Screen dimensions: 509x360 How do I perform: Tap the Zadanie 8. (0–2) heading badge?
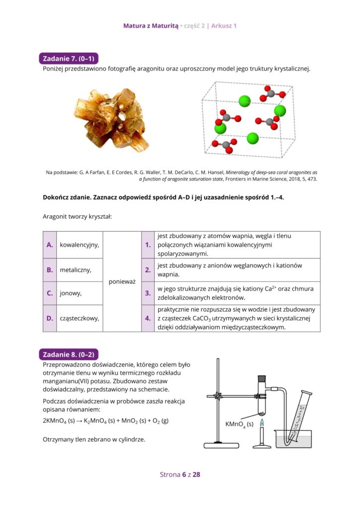[x=69, y=354]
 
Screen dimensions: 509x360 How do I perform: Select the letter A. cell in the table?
[x=50, y=245]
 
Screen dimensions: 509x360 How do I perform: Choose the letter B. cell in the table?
[x=50, y=270]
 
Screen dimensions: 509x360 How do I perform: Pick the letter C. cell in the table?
[x=50, y=293]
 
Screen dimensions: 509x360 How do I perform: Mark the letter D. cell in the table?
[x=50, y=318]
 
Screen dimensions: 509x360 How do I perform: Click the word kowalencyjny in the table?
[x=79, y=245]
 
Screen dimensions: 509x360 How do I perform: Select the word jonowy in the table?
[x=71, y=293]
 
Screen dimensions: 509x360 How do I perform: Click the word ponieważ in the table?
[x=122, y=282]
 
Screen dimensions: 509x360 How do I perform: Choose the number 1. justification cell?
[x=148, y=245]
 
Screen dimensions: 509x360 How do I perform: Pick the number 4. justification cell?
[x=148, y=318]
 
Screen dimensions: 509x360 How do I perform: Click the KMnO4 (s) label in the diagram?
[x=239, y=424]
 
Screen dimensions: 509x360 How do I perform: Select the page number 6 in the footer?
[x=184, y=474]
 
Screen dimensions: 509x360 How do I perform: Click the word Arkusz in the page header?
[x=221, y=25]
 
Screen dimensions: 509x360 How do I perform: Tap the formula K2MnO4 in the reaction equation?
[x=96, y=421]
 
